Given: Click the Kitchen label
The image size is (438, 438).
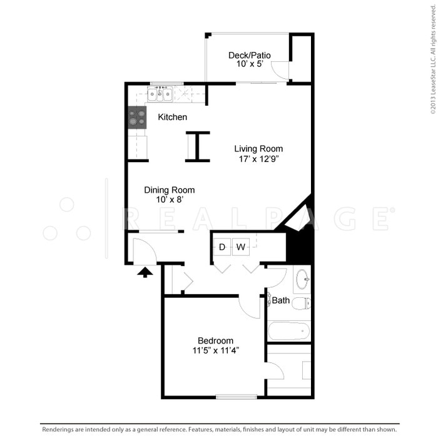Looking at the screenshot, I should coord(172,117).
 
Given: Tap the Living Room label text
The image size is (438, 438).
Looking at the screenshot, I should coord(258,149).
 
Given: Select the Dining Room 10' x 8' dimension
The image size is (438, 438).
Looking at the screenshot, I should coord(169,200).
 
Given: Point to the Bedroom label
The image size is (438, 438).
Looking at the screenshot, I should coord(215,340).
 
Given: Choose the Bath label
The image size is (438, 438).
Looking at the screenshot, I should coord(281,300).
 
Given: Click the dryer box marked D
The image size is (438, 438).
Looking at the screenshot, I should coord(222,247).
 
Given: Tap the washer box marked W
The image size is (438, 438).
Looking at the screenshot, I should coord(241,247).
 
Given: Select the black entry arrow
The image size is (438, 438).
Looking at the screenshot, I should coord(145,272).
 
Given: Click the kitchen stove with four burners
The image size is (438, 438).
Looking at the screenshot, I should coord(137,117).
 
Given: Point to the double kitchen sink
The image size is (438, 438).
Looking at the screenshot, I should coord(160,94).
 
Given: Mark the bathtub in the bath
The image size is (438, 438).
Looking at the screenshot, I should coord(288,330).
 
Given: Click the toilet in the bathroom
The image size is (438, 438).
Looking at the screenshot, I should coord(301,303).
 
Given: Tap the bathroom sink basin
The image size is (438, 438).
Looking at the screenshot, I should coord(302,278).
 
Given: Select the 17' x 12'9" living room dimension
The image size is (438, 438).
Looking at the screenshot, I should coord(258,159).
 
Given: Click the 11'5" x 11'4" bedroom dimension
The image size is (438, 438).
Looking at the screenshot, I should coord(215,350).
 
